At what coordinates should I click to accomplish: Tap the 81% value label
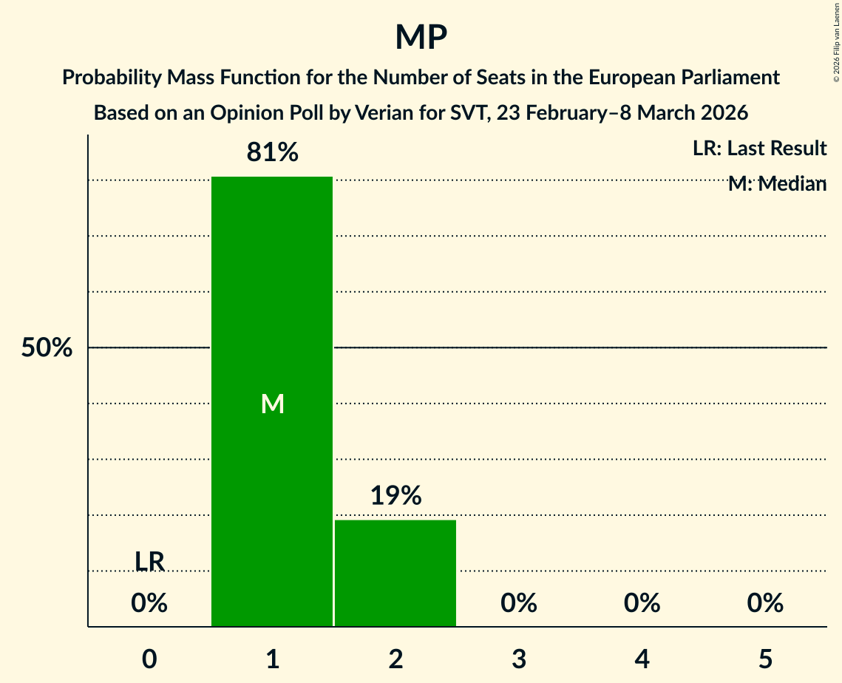coord(272,152)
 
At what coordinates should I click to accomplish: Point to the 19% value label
coord(395,495)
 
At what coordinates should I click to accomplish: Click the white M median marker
coord(272,404)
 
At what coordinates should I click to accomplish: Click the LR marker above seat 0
coord(149,561)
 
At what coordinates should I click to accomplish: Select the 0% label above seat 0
coord(149,603)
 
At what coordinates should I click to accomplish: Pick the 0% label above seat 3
coord(518,603)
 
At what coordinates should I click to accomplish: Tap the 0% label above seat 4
coord(642,603)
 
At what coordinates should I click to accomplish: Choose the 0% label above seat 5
coord(764,603)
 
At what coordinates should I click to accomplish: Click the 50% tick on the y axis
coord(47,348)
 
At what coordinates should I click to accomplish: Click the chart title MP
coord(421,37)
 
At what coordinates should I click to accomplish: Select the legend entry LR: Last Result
coord(759,149)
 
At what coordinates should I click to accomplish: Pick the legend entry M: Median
coord(776,184)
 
